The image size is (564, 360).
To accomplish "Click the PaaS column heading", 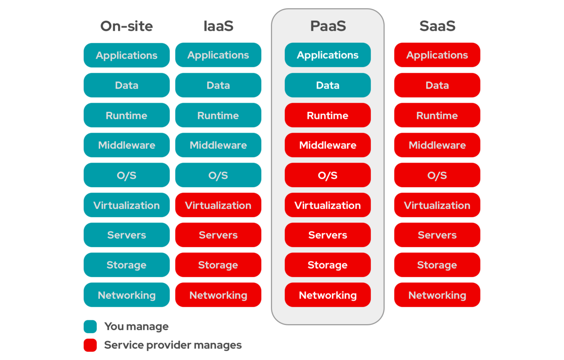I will (328, 26).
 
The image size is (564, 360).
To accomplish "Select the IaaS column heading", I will (218, 26).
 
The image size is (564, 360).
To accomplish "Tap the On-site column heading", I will (126, 26).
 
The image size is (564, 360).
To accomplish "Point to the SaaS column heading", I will (437, 26).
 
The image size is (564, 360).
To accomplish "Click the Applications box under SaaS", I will (437, 55).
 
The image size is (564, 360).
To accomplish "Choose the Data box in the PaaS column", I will (328, 85).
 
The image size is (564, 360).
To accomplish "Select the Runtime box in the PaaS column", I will (328, 115).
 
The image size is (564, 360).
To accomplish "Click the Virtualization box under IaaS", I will (218, 205).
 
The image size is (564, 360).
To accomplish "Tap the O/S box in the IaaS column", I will (218, 175).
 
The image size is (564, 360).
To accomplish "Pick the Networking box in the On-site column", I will (126, 295).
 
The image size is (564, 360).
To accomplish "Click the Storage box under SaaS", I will (437, 265).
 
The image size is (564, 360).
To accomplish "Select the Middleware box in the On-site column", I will (126, 145).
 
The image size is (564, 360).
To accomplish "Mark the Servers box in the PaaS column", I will (328, 235).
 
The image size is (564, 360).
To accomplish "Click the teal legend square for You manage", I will (90, 327).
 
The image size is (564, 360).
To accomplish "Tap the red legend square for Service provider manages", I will (90, 345).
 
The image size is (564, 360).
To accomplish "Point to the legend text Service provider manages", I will (173, 345).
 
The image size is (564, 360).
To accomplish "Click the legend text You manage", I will (137, 327).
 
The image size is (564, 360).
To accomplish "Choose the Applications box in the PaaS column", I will (328, 55).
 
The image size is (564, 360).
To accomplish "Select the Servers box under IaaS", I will (218, 235).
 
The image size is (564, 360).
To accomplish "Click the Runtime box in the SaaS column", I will (437, 115).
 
